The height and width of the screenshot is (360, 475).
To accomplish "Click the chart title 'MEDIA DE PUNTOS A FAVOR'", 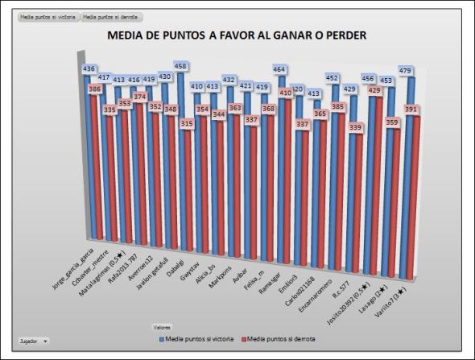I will tap(237, 36).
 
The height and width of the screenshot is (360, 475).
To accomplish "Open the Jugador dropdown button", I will tap(34, 341).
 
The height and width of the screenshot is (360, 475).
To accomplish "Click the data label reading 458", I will tap(182, 66).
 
